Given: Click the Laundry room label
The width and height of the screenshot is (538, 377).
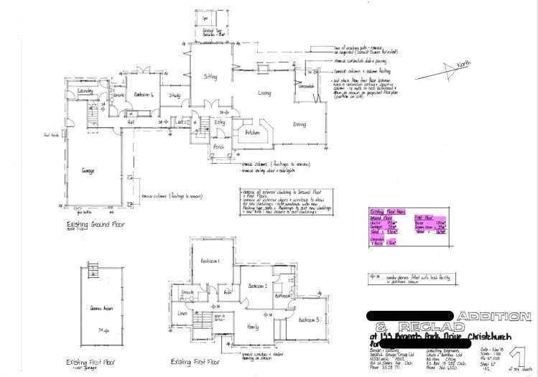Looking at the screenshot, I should [x=86, y=91].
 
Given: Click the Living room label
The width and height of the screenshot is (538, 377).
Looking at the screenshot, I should [x=264, y=93].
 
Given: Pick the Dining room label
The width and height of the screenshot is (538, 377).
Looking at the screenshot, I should [x=300, y=124].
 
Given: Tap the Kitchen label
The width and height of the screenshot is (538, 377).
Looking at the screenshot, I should [x=251, y=133].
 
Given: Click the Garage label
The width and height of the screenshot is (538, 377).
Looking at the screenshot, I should [x=88, y=170].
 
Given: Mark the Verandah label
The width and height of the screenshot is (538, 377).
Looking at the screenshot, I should [x=308, y=85].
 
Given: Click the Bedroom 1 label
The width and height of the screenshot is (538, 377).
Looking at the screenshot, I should [x=210, y=261].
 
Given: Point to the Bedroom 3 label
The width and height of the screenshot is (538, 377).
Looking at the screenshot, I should [x=307, y=320].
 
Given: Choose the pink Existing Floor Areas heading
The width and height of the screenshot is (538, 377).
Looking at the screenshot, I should [x=387, y=212].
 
